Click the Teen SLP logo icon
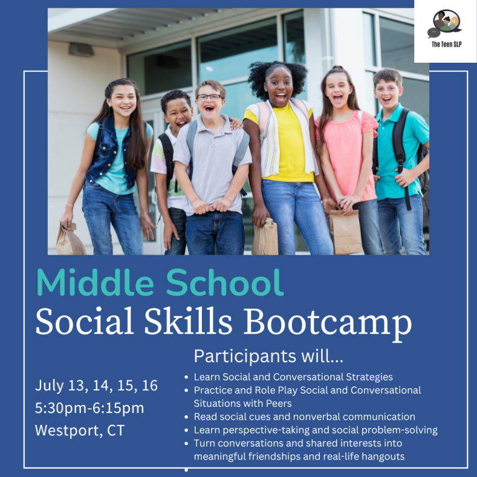445,24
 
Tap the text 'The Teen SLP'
447,45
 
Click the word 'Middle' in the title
95,283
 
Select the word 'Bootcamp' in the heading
327,322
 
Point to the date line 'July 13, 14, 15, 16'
96,386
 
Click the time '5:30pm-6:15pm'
89,408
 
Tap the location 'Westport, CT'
79,430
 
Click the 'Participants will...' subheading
268,356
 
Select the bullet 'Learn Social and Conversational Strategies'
293,377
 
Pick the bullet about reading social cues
304,417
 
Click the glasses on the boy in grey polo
209,98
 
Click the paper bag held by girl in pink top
345,232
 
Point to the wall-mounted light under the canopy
81,50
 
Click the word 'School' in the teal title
225,283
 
